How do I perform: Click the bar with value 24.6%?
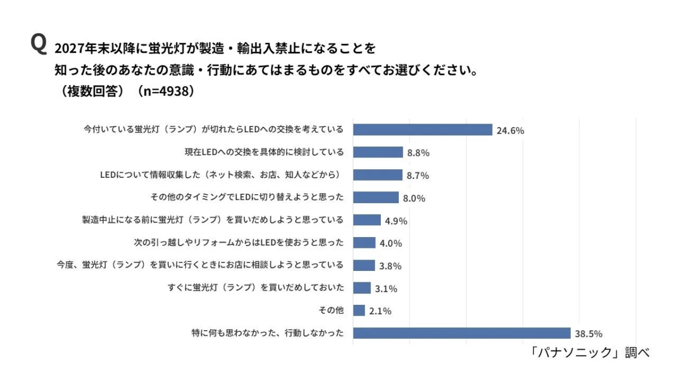(x=423, y=130)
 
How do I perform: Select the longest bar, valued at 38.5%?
(x=461, y=333)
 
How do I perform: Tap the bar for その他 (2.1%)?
(x=359, y=310)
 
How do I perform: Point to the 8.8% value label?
(x=419, y=153)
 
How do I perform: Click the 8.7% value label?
(x=417, y=176)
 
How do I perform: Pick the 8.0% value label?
(x=414, y=198)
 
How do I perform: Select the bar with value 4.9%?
(x=367, y=220)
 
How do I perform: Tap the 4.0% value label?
(x=390, y=243)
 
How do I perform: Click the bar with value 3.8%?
(x=364, y=265)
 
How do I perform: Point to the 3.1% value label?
(x=386, y=288)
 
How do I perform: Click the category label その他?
(x=331, y=310)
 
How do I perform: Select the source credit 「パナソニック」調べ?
(x=590, y=353)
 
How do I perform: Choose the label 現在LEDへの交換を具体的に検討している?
(x=264, y=152)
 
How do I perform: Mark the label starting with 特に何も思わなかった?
(x=267, y=333)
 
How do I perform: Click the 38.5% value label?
(x=590, y=334)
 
